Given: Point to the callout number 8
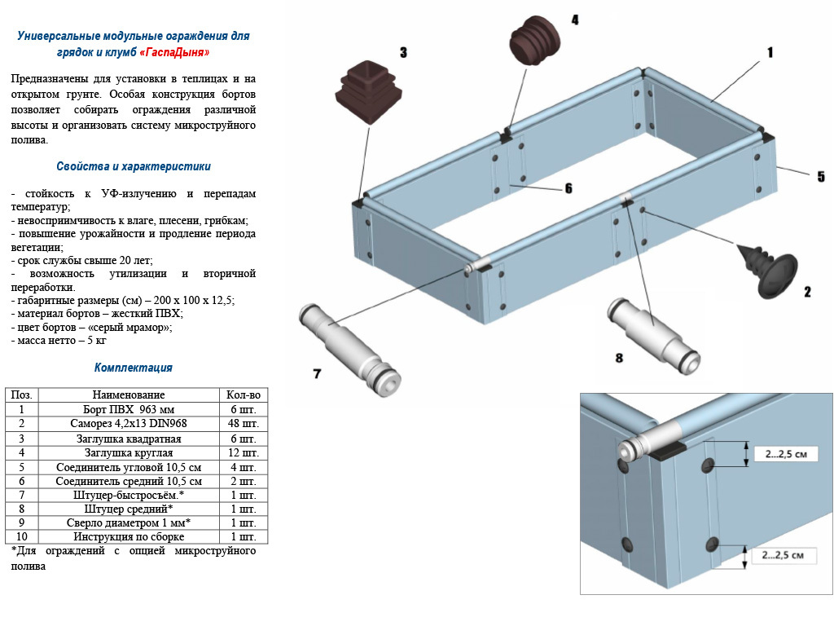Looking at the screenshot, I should coord(619,357).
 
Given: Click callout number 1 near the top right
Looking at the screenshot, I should coord(770,52).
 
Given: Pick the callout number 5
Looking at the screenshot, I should coord(820,176).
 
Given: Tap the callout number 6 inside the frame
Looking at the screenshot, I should coord(568,188).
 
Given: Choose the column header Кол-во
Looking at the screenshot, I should coord(244,395).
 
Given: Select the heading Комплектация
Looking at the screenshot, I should coord(134,368).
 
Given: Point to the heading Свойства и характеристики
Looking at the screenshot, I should coord(134,166).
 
